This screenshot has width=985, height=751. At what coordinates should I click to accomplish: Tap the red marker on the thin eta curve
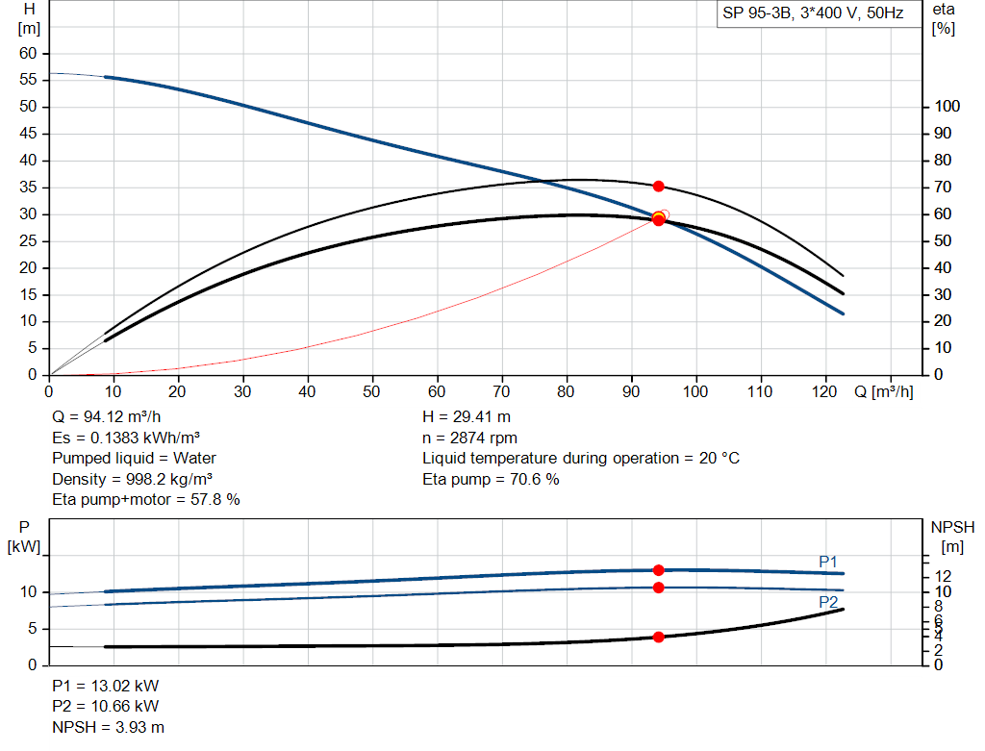point(658,187)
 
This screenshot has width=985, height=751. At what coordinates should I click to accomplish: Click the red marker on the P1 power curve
point(658,570)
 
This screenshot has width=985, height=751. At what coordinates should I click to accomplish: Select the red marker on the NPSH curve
point(658,638)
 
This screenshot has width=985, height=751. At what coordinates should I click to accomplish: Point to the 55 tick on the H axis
point(28,80)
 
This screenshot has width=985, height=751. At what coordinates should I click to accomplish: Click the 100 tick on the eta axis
point(947,106)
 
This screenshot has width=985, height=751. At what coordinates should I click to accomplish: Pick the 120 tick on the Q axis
point(824,391)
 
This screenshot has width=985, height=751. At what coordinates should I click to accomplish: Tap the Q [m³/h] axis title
point(883,391)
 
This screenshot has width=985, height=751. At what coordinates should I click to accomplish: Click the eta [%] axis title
point(944,19)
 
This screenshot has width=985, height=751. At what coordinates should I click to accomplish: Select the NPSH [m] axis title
point(952,537)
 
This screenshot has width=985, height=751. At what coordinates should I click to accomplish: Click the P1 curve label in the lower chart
point(828,562)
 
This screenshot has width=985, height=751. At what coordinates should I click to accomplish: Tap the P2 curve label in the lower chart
point(828,602)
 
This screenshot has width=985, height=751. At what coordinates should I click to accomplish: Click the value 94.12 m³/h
point(122,417)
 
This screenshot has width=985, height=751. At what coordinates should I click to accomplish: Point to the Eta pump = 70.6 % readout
point(491,479)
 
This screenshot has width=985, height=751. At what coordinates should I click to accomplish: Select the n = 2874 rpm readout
point(469,438)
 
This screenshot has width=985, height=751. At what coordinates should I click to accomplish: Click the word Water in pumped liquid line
point(194,459)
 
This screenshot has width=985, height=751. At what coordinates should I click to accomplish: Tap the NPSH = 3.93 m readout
point(108,727)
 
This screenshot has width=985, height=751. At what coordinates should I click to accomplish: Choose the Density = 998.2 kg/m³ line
point(132,479)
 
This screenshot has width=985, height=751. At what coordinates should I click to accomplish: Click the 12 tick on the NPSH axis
point(943,576)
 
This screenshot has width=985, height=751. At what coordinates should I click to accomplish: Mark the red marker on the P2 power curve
point(658,588)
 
